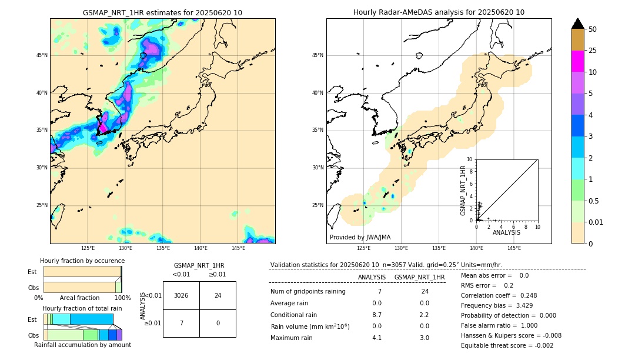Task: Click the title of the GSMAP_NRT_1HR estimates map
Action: [x=162, y=12]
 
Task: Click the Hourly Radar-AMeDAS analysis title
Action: [x=439, y=12]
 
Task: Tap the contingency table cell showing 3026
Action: [x=181, y=295]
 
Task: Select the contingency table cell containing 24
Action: [x=218, y=295]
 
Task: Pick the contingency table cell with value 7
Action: [x=181, y=323]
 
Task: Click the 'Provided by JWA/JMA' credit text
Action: [x=360, y=237]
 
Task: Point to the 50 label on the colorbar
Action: [x=593, y=29]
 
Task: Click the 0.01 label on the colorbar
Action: [x=596, y=222]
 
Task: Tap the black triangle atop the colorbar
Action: [x=578, y=24]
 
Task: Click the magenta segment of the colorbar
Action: [x=578, y=61]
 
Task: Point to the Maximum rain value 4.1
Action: [x=377, y=338]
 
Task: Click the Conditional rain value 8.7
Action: [x=377, y=315]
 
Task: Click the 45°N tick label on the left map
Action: [x=42, y=55]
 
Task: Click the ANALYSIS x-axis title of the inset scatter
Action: [x=506, y=232]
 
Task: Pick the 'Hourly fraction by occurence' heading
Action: [x=82, y=261]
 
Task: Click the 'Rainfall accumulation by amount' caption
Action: [x=82, y=345]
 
